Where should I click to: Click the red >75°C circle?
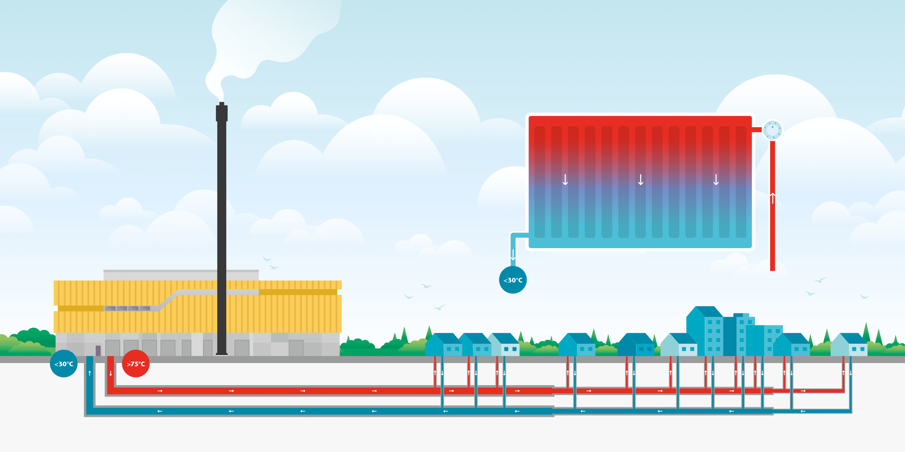tap(136, 363)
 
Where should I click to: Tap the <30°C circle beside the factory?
tap(64, 363)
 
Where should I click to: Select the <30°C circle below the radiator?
tap(513, 280)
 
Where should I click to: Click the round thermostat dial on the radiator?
tap(773, 129)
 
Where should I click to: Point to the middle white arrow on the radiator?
tap(641, 179)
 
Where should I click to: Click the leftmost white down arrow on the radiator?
tap(565, 179)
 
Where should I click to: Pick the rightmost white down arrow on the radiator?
tap(716, 179)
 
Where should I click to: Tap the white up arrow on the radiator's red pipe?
tap(773, 198)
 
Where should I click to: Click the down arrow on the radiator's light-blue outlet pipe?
tap(513, 255)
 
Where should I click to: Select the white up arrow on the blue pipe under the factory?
tap(90, 373)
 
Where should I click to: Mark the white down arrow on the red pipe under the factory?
tap(111, 373)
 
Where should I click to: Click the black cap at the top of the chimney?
tap(222, 112)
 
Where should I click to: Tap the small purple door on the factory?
tap(98, 351)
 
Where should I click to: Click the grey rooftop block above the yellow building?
tap(181, 275)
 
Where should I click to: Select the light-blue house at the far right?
tap(849, 345)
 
